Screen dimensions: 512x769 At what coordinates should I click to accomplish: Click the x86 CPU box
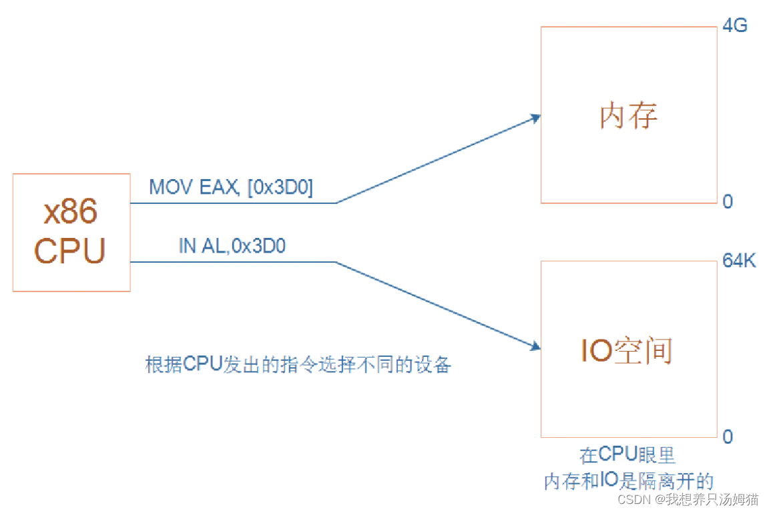71,233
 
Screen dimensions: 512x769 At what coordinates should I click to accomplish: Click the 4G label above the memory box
735,27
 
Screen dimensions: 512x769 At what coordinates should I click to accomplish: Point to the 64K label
739,261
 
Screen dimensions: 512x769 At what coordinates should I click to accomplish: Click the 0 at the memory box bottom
728,201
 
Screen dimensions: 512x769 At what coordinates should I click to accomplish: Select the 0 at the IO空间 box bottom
728,436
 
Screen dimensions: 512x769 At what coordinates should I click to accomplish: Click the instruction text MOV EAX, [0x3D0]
231,188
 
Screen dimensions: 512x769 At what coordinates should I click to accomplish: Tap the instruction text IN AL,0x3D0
232,246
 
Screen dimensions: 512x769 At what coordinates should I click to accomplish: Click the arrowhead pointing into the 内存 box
535,118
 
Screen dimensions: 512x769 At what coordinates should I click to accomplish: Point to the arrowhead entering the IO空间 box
535,346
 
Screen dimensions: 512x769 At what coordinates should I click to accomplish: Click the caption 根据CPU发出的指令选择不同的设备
298,365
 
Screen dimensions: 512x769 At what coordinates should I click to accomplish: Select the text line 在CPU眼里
627,455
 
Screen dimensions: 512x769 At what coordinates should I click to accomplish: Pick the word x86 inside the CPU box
71,212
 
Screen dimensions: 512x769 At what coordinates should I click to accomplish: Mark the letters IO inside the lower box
596,351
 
